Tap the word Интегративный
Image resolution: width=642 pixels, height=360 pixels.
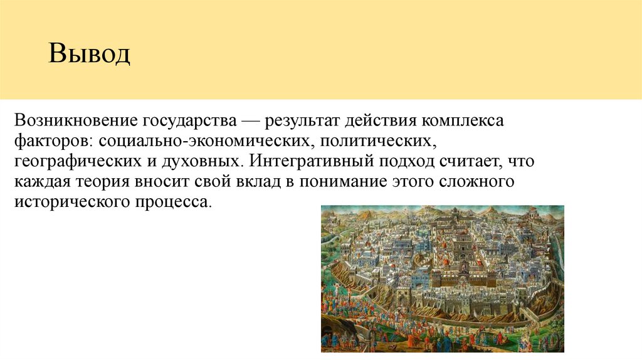[x=310, y=161]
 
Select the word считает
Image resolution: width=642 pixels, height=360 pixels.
[x=471, y=161]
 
